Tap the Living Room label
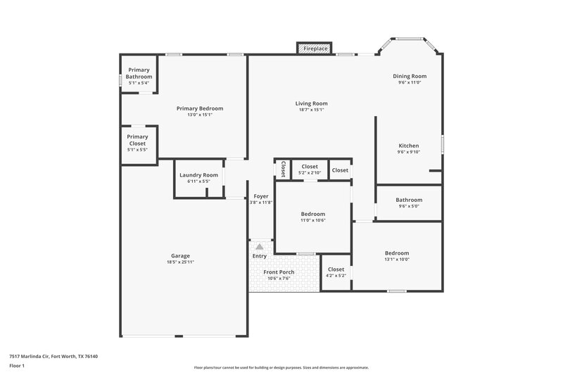tap(311, 103)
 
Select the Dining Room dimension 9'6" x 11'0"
tap(409, 82)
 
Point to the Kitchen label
tap(409, 146)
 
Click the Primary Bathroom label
tap(139, 74)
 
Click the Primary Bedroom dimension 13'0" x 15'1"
tap(200, 115)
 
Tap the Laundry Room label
tap(198, 174)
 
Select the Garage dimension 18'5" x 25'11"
tap(180, 262)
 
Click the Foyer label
tap(260, 196)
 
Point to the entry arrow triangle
tap(260, 246)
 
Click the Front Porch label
tap(279, 272)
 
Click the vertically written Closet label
tap(283, 169)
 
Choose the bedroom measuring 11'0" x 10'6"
tap(313, 217)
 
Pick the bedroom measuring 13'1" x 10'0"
tap(396, 255)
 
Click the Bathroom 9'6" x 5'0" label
tap(409, 203)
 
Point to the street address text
tap(53, 356)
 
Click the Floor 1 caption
tap(17, 367)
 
